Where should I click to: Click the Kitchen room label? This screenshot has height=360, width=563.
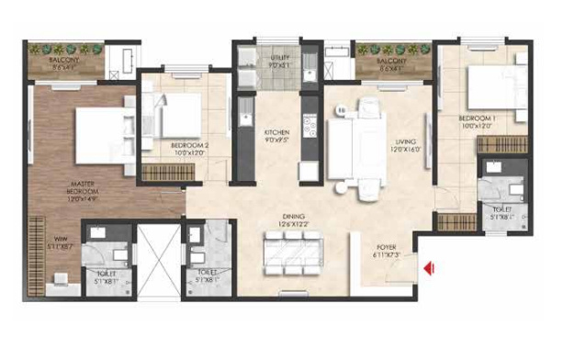(x=276, y=131)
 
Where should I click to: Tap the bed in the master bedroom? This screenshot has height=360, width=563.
(x=102, y=136)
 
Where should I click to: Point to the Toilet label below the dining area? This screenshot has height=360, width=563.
(x=208, y=273)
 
